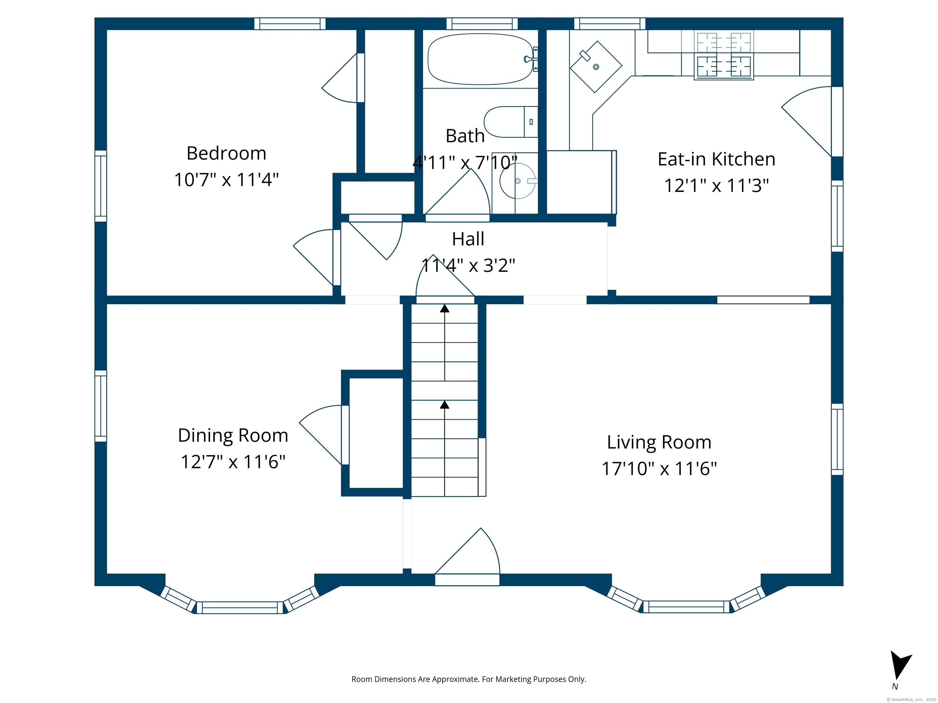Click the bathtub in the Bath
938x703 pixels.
point(481,59)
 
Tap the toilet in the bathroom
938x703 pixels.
point(511,122)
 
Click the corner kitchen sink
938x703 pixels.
point(596,67)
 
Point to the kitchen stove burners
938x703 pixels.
point(724,56)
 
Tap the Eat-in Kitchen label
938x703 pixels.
point(717,159)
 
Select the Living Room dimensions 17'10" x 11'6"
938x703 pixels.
point(659,469)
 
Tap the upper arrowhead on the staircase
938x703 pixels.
point(444,308)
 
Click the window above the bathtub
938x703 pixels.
point(482,24)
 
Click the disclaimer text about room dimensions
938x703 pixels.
point(469,679)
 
